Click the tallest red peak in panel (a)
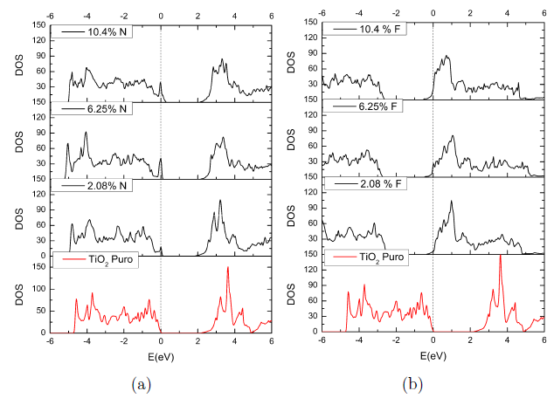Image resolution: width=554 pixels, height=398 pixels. pos(228,268)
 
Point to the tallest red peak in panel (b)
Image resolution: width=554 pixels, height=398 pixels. pos(500,256)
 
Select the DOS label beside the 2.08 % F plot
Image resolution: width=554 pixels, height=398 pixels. pos(292,218)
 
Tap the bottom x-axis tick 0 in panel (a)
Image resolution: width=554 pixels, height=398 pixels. pos(161,343)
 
